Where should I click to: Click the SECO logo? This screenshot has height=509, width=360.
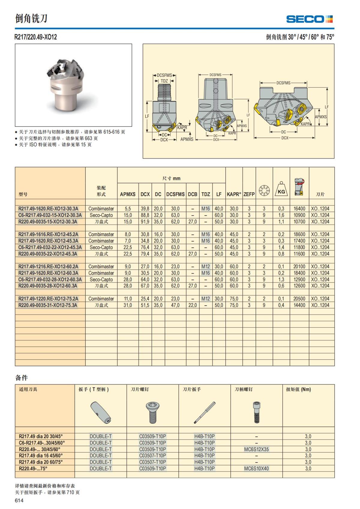pyautogui.click(x=309, y=19)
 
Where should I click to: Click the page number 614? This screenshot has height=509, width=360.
pyautogui.click(x=19, y=500)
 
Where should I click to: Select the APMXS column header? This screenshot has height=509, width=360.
pyautogui.click(x=127, y=194)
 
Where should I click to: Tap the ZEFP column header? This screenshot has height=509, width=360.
pyautogui.click(x=249, y=194)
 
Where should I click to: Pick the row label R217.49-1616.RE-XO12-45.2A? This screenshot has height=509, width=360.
pyautogui.click(x=48, y=234)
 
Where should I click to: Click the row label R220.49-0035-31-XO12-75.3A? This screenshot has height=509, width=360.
pyautogui.click(x=48, y=305)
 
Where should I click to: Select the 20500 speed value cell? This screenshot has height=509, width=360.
pyautogui.click(x=299, y=299)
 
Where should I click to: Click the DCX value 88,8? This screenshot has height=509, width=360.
pyautogui.click(x=145, y=215)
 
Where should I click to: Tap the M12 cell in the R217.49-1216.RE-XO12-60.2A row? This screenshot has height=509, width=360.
pyautogui.click(x=205, y=266)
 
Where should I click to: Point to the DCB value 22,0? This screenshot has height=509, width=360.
pyautogui.click(x=193, y=305)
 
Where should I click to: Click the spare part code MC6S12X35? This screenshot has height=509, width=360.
pyautogui.click(x=256, y=449)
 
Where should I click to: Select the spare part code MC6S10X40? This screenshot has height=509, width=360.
pyautogui.click(x=256, y=469)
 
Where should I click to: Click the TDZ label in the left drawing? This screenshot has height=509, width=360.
pyautogui.click(x=164, y=81)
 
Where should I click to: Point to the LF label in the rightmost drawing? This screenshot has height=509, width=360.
pyautogui.click(x=327, y=107)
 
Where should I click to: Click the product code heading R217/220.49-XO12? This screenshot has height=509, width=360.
pyautogui.click(x=36, y=37)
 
